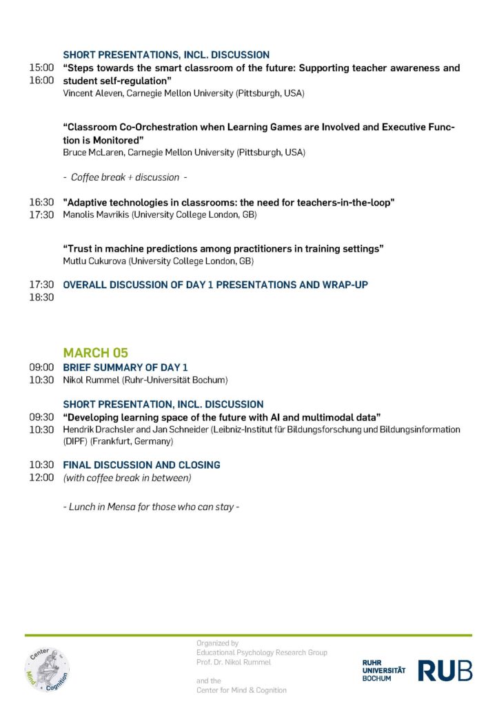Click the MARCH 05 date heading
coord(96,353)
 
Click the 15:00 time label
coord(41,68)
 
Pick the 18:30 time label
coord(41,297)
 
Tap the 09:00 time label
coord(41,367)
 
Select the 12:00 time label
coord(41,478)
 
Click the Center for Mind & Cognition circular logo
coord(47,667)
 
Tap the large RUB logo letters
coord(445,670)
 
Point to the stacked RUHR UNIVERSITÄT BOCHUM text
coord(383,670)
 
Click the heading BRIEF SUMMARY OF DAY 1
coord(125,367)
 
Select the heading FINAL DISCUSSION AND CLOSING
coord(141,465)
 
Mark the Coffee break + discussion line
coord(125,177)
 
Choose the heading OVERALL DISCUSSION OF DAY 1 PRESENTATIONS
coord(215,284)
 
